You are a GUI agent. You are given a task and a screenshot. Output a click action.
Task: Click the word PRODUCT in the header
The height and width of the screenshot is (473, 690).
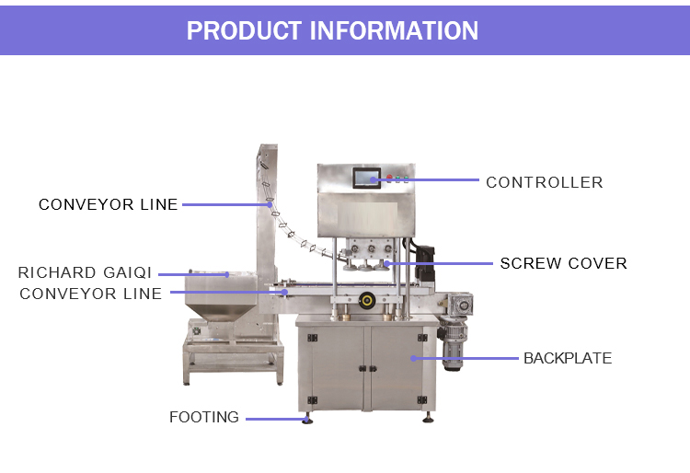[245, 30]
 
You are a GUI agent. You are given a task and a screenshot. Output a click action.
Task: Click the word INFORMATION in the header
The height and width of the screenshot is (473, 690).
[394, 30]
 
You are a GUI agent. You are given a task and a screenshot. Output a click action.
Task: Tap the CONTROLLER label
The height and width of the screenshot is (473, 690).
[544, 182]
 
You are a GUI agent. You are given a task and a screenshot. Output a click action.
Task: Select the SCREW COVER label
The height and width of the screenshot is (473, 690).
[563, 263]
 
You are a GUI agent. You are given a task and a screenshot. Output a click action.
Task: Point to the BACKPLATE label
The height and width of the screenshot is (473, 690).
[567, 358]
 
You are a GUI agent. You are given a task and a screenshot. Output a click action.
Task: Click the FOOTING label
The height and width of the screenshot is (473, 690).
[203, 417]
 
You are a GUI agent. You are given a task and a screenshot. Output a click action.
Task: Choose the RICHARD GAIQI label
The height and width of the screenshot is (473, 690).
[85, 273]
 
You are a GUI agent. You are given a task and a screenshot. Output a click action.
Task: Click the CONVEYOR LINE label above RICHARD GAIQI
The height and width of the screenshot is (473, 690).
[108, 204]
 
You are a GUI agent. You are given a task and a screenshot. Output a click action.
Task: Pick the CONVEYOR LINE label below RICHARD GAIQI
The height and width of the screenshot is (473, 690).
[90, 294]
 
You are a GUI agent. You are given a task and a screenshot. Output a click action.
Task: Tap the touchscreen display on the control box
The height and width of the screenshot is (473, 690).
[365, 177]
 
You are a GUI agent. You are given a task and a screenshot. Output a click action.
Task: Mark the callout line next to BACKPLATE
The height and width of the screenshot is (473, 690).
[465, 358]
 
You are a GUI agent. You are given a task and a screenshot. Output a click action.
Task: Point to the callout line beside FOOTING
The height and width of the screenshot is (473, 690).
[277, 418]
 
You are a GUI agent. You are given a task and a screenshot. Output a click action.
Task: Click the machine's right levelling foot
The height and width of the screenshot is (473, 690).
[429, 418]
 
